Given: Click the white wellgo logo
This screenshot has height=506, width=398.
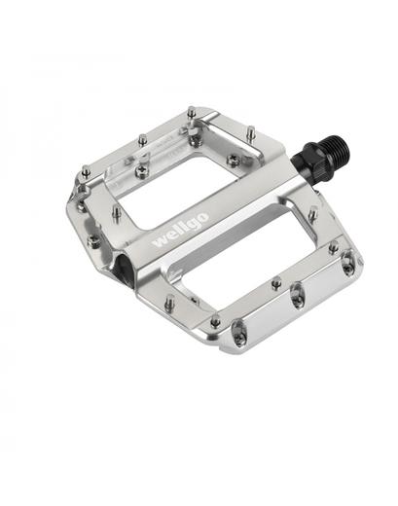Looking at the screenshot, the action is [x=181, y=230].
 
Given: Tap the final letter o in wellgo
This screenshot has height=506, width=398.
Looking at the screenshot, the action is [x=203, y=217].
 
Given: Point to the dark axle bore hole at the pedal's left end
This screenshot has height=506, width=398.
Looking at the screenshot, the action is [x=123, y=266].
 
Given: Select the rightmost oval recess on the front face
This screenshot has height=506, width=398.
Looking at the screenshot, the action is [x=348, y=264].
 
